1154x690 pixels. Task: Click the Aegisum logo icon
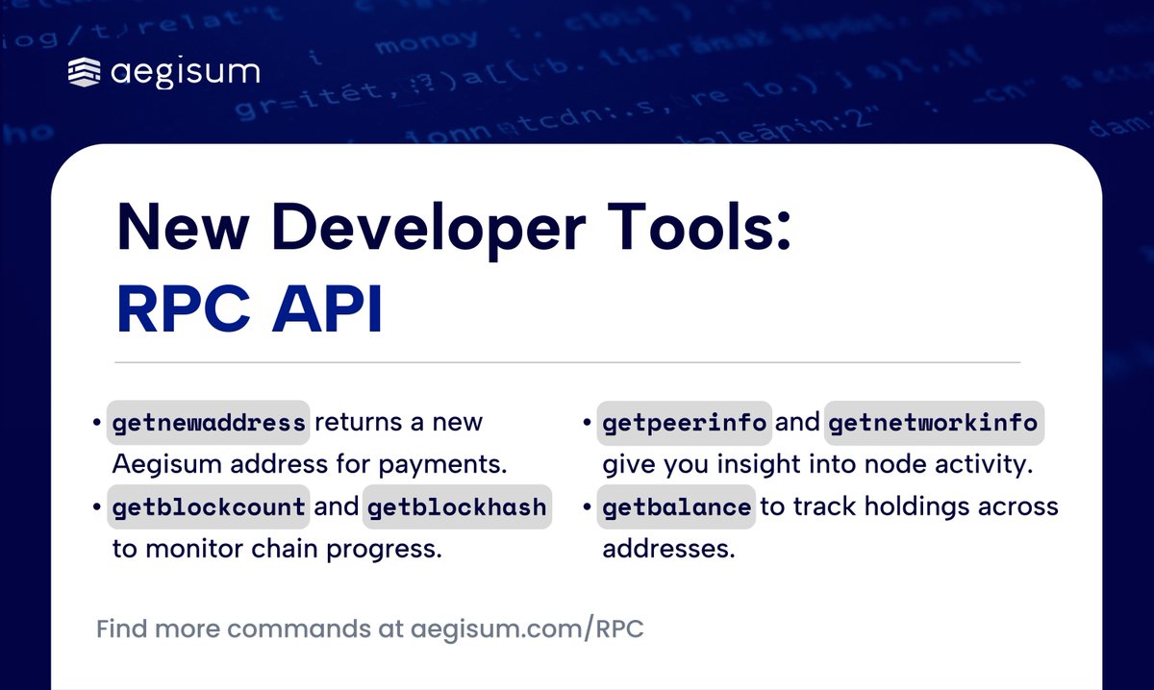[85, 73]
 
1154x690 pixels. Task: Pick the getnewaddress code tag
[209, 423]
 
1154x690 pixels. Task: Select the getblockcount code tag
[209, 506]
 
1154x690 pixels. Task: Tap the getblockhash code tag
[456, 506]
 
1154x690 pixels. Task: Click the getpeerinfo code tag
[684, 423]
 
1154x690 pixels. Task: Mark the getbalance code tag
[676, 506]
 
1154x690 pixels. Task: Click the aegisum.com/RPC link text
[527, 630]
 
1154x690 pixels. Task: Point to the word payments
[447, 465]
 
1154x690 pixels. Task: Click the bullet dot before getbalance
[586, 507]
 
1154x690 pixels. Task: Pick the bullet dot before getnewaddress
[97, 424]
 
